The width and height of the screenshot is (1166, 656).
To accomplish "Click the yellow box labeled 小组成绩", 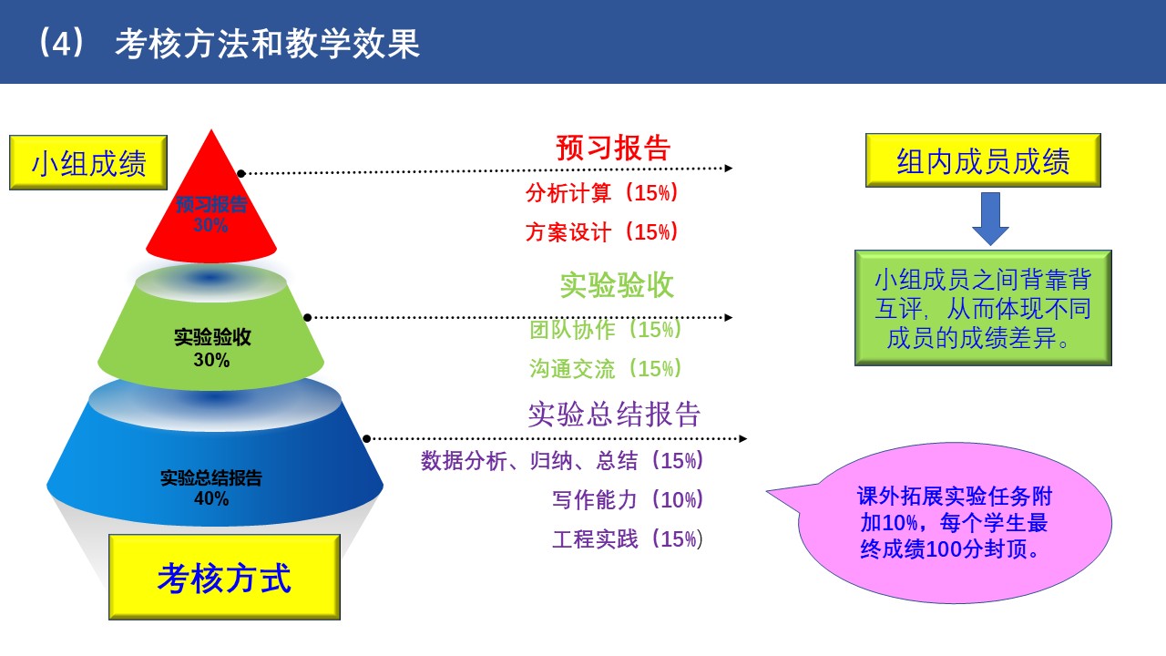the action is pos(88,162).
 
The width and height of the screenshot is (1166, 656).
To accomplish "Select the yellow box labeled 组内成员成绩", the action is pos(983,160).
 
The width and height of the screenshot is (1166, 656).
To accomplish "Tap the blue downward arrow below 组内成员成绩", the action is pos(990,219).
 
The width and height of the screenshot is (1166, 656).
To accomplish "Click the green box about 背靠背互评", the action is pos(983,308).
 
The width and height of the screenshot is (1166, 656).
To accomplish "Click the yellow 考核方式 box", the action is pos(224,577).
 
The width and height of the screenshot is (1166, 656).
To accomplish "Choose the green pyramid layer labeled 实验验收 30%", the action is pos(210,333).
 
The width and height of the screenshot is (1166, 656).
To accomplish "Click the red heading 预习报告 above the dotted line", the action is pos(613,148).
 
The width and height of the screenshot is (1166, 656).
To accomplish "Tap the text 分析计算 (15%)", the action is pos(602,192).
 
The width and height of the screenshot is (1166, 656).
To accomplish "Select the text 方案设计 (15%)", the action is pos(602,231).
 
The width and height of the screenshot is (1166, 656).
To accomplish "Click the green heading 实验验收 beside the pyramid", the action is pos(617,285).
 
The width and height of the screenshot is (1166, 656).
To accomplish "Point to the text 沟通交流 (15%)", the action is pos(606,369).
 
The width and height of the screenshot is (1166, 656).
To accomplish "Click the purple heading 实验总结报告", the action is pos(614,415).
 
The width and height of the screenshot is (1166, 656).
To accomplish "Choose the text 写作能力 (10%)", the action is pos(628,500).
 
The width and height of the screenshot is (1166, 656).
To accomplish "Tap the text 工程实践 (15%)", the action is pos(628,538).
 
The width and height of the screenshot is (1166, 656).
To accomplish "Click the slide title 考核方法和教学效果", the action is pos(268,44).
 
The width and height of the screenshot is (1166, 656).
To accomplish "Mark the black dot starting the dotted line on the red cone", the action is pos(241,173).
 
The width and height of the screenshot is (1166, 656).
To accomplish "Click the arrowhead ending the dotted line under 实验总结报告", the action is pos(743,439).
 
